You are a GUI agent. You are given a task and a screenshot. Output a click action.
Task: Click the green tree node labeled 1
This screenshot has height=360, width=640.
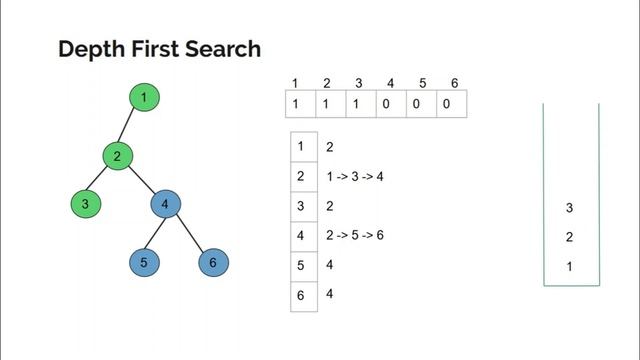tap(145, 97)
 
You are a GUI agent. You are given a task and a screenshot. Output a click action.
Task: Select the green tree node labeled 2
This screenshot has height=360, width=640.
tap(117, 156)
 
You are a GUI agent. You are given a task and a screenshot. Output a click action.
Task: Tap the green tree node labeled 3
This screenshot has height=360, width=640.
tap(86, 205)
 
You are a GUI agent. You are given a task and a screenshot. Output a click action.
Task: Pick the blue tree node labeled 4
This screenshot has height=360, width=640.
tap(165, 205)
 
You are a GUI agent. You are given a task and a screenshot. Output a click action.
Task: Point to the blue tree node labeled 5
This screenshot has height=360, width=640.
tap(145, 264)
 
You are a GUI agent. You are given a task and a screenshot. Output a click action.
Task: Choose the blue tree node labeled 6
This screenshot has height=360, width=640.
tap(213, 264)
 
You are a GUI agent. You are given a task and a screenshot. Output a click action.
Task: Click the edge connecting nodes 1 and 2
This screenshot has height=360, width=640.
tap(131, 127)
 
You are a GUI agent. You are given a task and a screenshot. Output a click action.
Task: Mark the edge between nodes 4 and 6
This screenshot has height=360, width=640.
tap(189, 234)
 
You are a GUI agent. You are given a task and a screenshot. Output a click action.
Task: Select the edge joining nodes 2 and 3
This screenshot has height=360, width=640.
tap(101, 181)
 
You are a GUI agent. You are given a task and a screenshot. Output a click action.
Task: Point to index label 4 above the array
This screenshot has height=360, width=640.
tap(389, 82)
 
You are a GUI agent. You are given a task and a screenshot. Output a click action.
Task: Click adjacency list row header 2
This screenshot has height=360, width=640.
tap(302, 176)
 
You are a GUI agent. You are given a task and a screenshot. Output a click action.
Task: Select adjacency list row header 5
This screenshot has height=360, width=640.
tap(302, 265)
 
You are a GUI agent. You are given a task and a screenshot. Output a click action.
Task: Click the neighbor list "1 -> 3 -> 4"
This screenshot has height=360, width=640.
tap(355, 177)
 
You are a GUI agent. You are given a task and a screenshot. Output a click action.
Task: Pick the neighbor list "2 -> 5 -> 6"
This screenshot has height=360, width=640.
tap(355, 236)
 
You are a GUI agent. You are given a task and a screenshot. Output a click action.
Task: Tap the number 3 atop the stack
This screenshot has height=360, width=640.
tap(570, 208)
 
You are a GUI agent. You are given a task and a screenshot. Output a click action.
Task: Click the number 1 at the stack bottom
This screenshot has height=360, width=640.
tap(570, 267)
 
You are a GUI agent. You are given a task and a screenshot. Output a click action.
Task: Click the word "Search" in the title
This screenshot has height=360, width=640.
tap(219, 49)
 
